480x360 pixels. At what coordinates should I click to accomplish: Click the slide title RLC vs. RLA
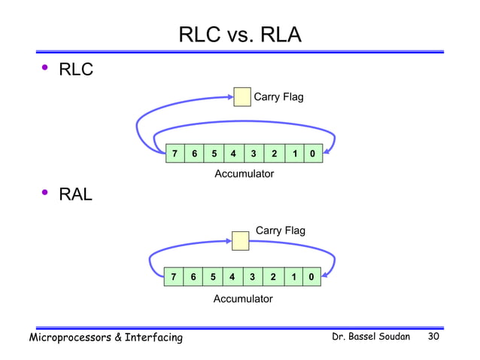click(239, 35)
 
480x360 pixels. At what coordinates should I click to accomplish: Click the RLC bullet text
click(76, 71)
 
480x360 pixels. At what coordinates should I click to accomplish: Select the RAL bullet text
click(76, 195)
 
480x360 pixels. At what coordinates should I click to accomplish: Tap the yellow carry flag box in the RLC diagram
click(242, 97)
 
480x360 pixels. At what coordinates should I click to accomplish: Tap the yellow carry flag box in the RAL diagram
click(240, 240)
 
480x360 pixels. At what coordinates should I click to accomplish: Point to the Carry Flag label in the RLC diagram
click(278, 97)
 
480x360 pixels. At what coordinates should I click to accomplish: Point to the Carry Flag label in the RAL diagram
click(281, 230)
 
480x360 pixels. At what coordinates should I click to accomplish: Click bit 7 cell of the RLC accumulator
click(175, 154)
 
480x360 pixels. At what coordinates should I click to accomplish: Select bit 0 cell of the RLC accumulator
click(312, 154)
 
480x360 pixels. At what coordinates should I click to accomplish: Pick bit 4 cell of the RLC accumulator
click(234, 154)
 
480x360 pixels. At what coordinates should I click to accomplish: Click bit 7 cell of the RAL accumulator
click(174, 277)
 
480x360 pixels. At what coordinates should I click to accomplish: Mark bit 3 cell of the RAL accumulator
click(252, 277)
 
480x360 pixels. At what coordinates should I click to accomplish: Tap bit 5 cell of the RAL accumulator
click(213, 277)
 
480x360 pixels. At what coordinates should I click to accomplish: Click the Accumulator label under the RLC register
click(244, 174)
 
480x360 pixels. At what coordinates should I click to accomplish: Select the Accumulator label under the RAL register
click(243, 299)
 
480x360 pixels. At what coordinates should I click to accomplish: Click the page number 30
click(433, 336)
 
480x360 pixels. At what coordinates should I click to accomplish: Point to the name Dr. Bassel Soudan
click(371, 336)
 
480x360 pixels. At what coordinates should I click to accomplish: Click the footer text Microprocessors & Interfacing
click(105, 337)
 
